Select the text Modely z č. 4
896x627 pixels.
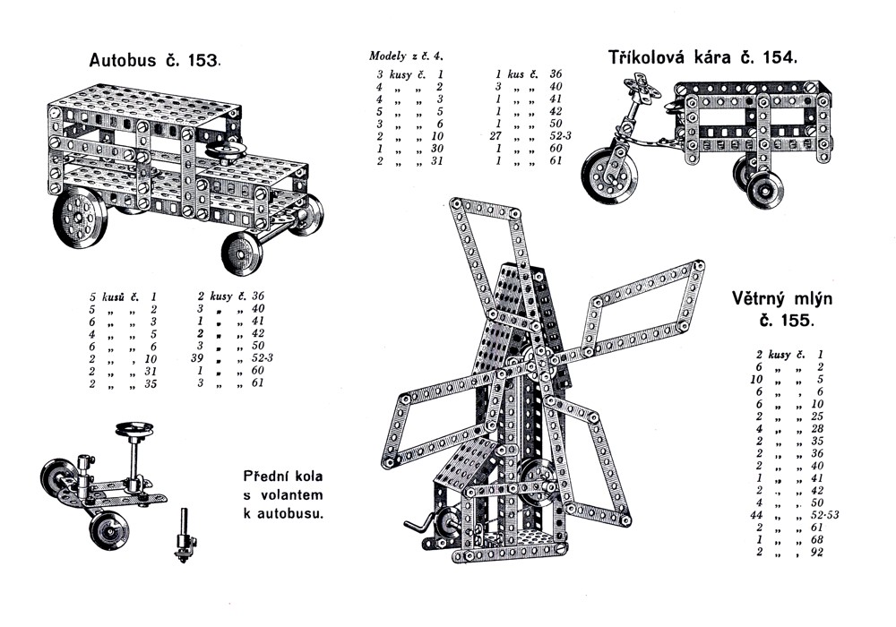tap(413, 56)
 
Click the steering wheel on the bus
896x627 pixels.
tap(225, 149)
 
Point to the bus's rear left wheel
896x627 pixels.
tap(80, 218)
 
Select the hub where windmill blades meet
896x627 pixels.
tap(537, 356)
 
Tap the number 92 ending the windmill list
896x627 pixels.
tap(814, 552)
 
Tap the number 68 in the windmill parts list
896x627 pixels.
tap(814, 539)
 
